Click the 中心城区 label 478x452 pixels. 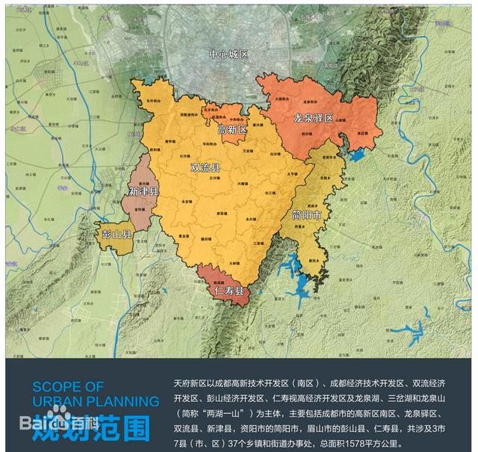coord(228,55)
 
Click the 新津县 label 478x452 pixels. coord(143,192)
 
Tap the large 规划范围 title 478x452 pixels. coord(102,428)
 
